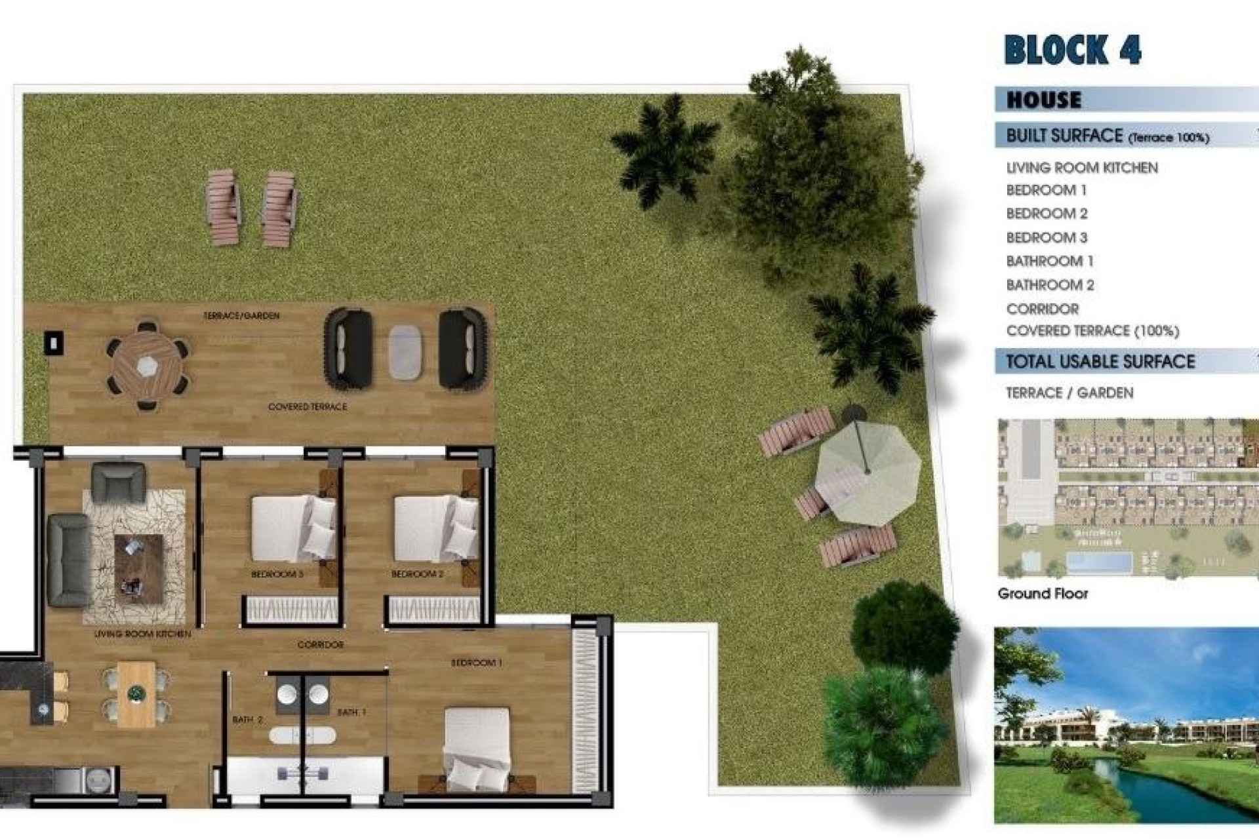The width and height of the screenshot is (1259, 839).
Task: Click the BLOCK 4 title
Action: [1072, 50]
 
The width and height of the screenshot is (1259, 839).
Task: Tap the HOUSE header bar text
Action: [1044, 100]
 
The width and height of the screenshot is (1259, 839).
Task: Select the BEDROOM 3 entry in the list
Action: [1047, 237]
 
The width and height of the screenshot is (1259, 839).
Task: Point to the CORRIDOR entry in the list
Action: [1043, 309]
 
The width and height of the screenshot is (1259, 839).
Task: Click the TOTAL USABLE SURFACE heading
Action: [1100, 362]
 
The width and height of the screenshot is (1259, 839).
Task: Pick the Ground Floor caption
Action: [1043, 594]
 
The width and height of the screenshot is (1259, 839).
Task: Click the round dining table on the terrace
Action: [148, 366]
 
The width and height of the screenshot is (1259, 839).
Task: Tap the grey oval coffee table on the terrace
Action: [405, 351]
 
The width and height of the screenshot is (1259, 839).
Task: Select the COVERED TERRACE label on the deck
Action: [308, 407]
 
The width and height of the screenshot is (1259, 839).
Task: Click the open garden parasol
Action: [867, 471]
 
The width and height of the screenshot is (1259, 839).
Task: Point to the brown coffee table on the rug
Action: [138, 568]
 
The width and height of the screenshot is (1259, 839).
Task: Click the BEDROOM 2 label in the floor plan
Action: [417, 574]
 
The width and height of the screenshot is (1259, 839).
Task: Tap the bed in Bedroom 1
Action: [477, 747]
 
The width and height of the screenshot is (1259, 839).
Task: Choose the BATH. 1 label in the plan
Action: [351, 712]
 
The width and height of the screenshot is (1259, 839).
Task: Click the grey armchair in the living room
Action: [118, 481]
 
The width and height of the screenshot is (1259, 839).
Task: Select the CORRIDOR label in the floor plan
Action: [321, 645]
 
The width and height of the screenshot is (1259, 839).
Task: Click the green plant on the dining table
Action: [136, 692]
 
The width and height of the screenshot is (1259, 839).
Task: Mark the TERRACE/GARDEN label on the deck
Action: [241, 316]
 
